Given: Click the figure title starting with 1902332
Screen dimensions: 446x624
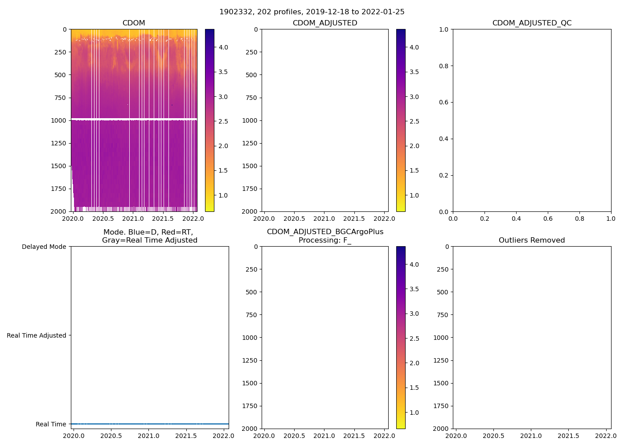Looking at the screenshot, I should tap(312, 12).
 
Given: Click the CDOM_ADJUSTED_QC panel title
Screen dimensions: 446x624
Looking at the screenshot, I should tap(532, 23).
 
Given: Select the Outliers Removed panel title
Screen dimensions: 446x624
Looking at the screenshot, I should tap(532, 240).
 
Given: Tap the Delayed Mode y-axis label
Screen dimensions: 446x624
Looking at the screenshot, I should tap(44, 247).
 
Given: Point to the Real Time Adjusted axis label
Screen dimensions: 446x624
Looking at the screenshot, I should tap(36, 335).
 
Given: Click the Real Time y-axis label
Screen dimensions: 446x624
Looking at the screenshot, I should tap(51, 424).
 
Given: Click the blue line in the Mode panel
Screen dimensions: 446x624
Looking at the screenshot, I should tap(150, 424).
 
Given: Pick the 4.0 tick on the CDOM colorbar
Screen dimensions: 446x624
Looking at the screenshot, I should tap(223, 47).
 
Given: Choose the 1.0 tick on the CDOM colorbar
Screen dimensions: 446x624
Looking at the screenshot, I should tap(223, 195).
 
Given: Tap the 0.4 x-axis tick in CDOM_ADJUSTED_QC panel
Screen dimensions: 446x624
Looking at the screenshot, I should tap(516, 219).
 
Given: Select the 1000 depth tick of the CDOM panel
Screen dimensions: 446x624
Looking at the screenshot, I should tap(58, 120).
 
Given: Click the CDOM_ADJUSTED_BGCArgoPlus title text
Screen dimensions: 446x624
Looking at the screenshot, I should tap(325, 232).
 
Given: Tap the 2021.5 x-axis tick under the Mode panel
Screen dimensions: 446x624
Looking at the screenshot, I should tap(186, 436).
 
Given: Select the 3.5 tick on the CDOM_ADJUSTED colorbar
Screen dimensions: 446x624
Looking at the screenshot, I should tap(414, 72).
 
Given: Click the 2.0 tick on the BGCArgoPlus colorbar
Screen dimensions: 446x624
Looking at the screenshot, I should tap(414, 363).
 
